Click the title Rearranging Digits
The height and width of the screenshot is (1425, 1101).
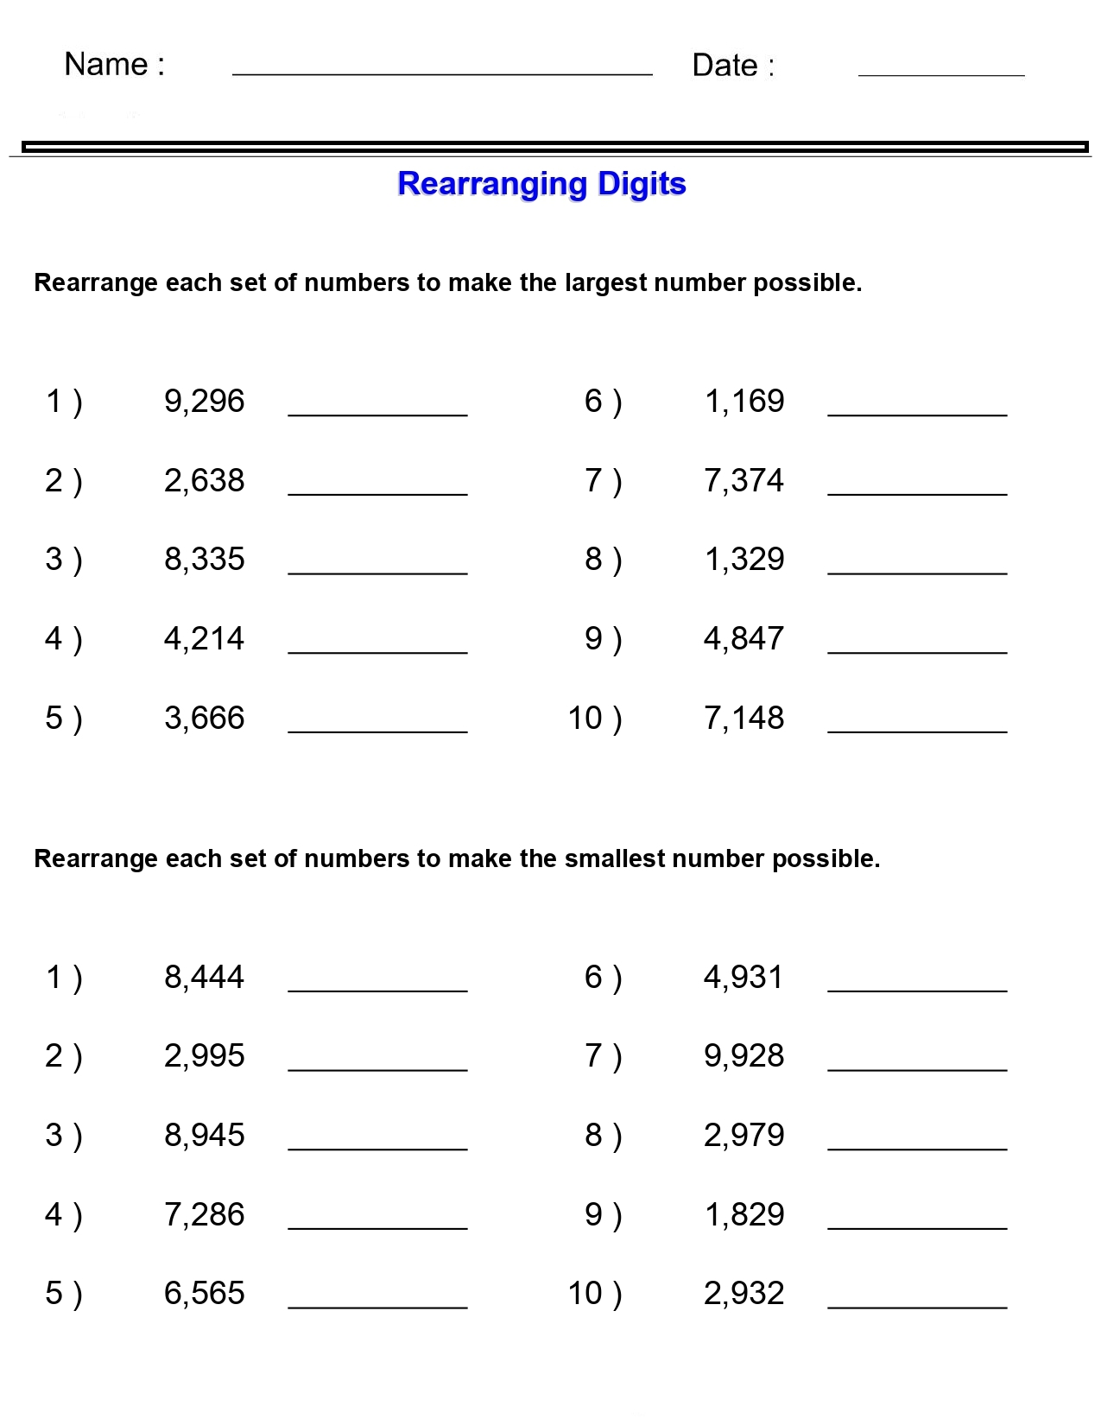[x=541, y=184]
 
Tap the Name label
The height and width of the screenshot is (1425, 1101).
[x=114, y=65]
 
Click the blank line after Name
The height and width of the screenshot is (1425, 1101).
[x=442, y=73]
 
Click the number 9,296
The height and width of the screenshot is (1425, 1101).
[x=205, y=402]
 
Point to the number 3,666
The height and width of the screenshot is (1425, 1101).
[x=205, y=719]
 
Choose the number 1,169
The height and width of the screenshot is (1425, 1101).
[x=744, y=402]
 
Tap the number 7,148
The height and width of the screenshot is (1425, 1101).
[x=744, y=719]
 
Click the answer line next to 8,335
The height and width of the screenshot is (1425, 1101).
[x=377, y=573]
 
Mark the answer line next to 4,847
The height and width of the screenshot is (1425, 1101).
[x=917, y=652]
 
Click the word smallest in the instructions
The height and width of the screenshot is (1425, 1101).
[x=615, y=859]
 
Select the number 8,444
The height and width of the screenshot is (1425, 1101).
[x=205, y=978]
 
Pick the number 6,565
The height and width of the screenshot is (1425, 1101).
[x=205, y=1294]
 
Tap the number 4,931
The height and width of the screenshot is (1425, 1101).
[x=743, y=978]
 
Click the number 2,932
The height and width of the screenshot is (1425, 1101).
[x=744, y=1294]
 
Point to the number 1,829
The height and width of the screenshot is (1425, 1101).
[x=744, y=1215]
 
